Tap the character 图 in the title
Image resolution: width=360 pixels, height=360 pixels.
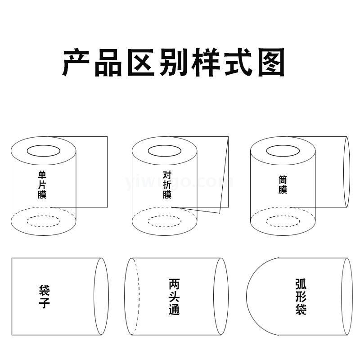(271, 62)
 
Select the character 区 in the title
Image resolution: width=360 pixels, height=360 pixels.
(141, 62)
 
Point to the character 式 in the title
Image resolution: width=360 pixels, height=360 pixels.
(238, 62)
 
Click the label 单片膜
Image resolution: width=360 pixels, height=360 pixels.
(42, 184)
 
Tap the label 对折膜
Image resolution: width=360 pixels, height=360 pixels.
(167, 184)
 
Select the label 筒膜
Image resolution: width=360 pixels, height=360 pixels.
(283, 185)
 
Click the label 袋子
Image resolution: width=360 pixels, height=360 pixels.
(44, 297)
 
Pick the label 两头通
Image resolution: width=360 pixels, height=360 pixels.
(174, 297)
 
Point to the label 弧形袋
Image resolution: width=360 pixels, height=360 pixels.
(301, 297)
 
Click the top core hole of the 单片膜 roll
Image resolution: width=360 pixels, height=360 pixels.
(44, 145)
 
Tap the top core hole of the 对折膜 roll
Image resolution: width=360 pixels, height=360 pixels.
(165, 145)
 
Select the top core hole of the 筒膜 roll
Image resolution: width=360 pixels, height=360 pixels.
(283, 145)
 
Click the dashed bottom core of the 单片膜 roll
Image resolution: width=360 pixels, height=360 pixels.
(44, 216)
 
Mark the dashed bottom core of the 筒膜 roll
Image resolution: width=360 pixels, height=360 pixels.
(283, 216)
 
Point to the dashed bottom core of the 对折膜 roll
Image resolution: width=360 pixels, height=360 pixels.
(165, 216)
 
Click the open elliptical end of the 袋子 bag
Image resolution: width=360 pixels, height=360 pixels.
(94, 297)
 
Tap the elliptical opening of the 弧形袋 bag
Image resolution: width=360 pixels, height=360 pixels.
(341, 297)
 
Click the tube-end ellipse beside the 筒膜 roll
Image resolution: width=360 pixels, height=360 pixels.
(344, 172)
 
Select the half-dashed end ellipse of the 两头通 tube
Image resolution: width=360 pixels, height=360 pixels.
(125, 297)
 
